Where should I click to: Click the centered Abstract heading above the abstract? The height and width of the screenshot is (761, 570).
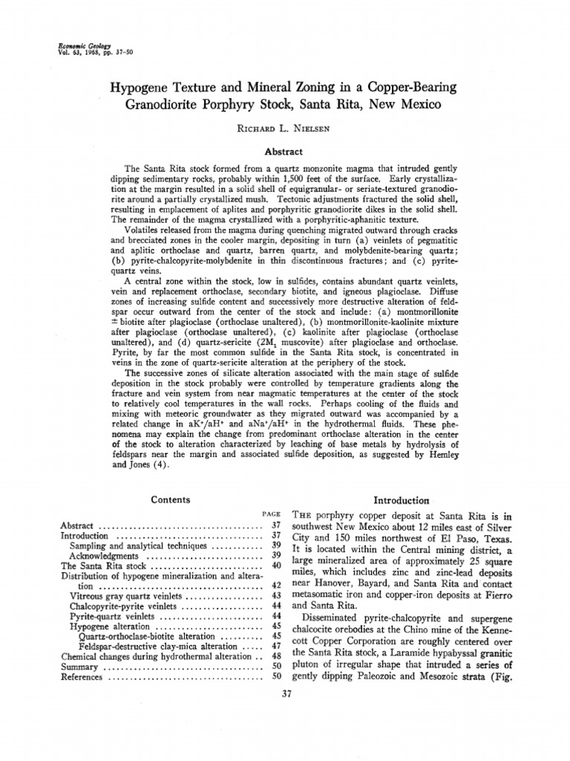point(285,149)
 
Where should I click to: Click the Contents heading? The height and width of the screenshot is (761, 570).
point(169,500)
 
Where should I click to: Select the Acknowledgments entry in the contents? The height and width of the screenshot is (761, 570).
point(104,555)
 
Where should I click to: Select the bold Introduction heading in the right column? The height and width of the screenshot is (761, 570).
point(402,500)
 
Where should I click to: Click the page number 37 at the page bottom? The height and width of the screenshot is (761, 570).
point(285,694)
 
